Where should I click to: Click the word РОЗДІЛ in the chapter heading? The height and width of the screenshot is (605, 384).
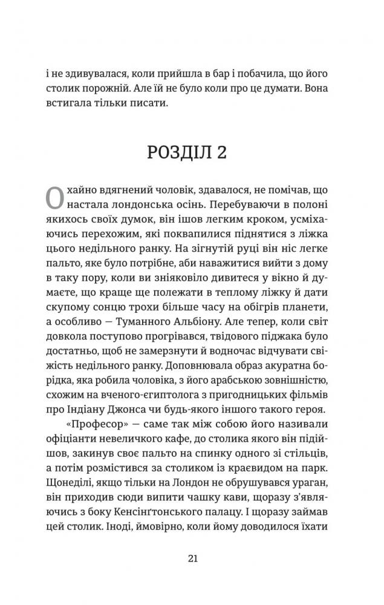click(178, 152)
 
